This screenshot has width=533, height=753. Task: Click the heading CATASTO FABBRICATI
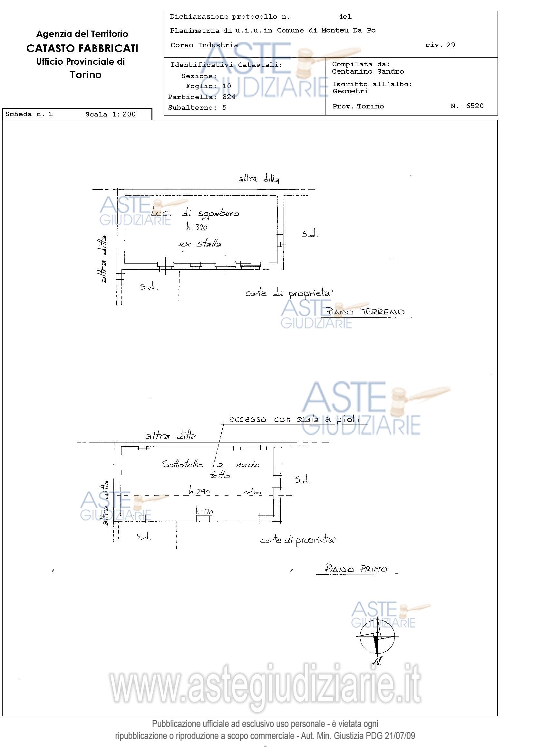click(82, 49)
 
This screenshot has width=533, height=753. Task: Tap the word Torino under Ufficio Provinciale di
click(85, 75)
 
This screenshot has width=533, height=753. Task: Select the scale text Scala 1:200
click(110, 115)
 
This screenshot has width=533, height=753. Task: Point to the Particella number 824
click(229, 97)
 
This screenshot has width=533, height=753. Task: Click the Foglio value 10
click(227, 86)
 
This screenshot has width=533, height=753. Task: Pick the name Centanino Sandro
click(368, 72)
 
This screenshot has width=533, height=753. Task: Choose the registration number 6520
click(475, 106)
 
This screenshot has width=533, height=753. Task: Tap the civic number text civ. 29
click(440, 45)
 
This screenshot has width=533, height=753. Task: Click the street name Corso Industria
click(204, 45)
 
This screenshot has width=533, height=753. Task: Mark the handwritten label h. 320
click(197, 227)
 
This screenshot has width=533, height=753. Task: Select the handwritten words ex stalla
click(200, 244)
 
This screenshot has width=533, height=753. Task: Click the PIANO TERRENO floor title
click(365, 311)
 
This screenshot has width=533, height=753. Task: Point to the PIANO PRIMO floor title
click(356, 568)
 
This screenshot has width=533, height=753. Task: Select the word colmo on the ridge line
click(252, 493)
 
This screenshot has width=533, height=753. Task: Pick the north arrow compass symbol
click(377, 640)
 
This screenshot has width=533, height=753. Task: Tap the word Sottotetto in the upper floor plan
click(183, 464)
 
